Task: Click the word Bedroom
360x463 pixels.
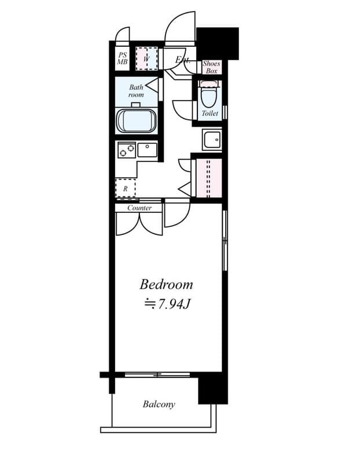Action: (166, 284)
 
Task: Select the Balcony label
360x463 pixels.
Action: (159, 404)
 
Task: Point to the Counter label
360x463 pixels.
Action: (139, 208)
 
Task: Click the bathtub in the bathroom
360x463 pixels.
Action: (137, 121)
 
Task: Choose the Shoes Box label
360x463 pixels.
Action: (211, 67)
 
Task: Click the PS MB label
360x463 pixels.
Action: (122, 58)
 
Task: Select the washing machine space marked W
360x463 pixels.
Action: (146, 58)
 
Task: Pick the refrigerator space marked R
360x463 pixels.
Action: (125, 188)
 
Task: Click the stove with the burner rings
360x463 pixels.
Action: (126, 150)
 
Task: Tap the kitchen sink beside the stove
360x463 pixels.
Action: (147, 149)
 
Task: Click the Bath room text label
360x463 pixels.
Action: (136, 91)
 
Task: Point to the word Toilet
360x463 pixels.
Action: (210, 113)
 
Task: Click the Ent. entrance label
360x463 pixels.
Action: (183, 60)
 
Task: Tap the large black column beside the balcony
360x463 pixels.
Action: (212, 388)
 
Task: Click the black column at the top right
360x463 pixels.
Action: (218, 43)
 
